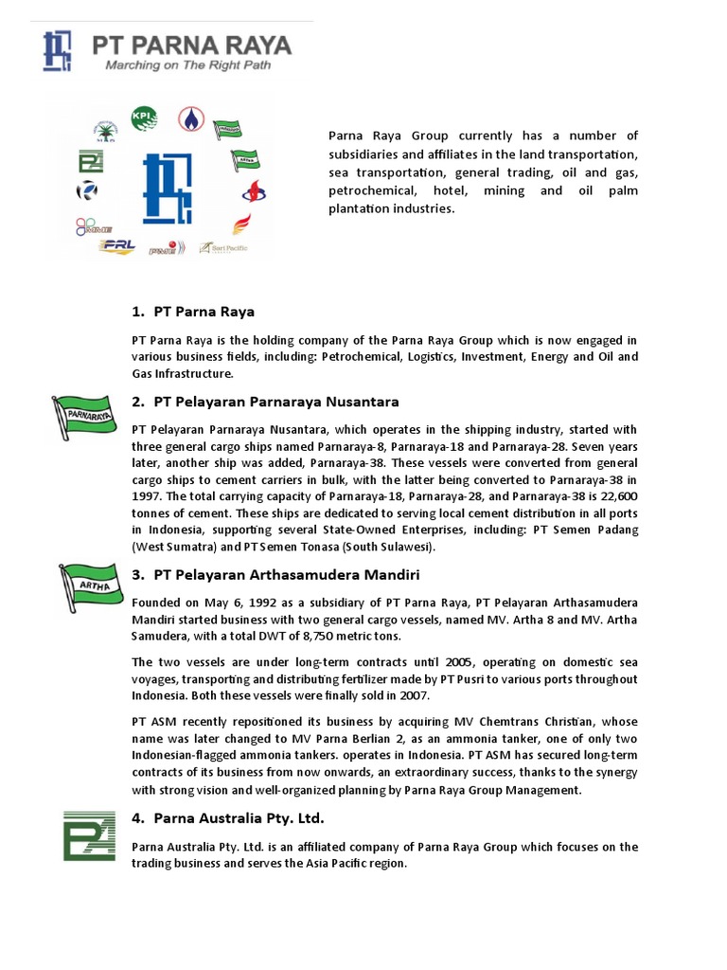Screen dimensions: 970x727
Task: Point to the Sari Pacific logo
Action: tap(222, 247)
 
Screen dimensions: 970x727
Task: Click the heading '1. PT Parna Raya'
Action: tap(193, 312)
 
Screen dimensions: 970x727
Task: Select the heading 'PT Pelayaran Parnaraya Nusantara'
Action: tap(275, 402)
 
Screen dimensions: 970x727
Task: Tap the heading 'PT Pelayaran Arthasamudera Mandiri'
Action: tap(287, 574)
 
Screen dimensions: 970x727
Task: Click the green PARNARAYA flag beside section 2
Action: tap(83, 414)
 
